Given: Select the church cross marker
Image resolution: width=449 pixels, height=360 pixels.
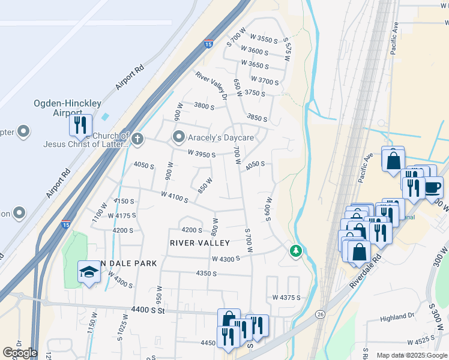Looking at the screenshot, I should [138, 140].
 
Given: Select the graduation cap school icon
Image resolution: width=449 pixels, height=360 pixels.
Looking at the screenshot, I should [89, 272].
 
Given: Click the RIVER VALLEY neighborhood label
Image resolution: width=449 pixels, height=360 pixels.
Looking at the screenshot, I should [200, 243].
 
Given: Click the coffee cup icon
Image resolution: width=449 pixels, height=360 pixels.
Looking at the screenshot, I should [432, 187].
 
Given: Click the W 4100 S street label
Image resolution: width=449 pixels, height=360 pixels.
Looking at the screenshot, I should [175, 196].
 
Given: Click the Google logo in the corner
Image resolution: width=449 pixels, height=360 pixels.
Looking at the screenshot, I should [20, 353].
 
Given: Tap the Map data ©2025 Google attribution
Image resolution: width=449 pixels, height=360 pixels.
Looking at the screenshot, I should [412, 355].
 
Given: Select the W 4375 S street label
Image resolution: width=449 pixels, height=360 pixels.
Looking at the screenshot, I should [286, 298].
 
